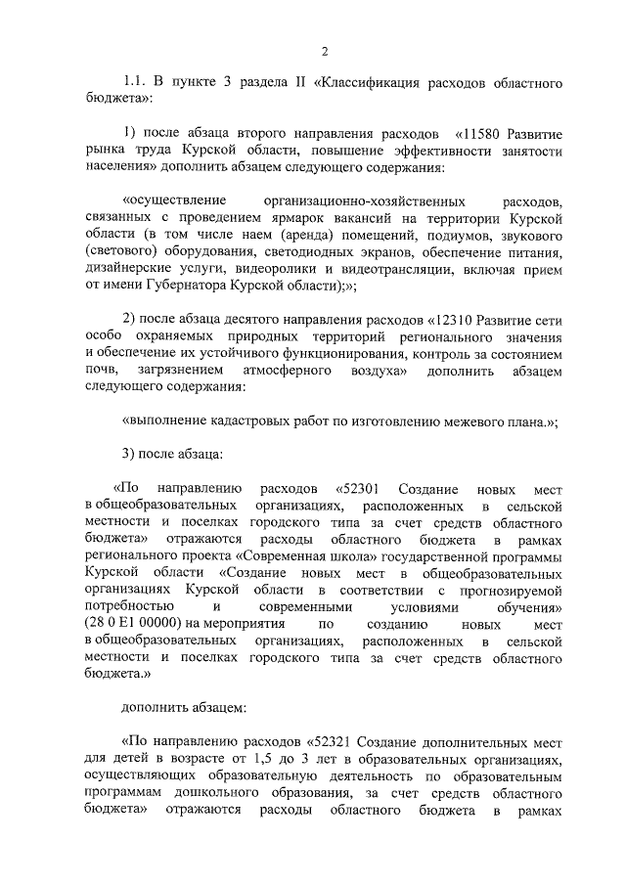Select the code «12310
[456, 321]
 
